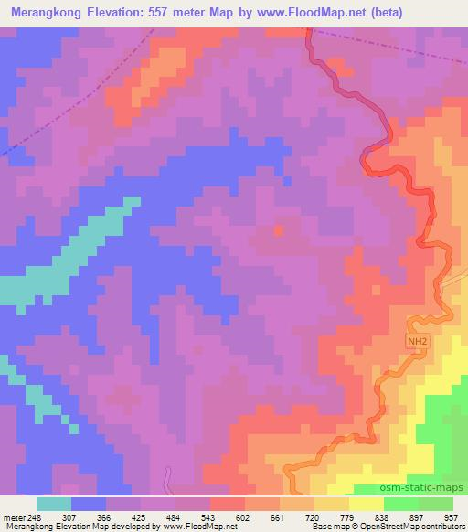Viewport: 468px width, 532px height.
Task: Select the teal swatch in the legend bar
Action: pos(53,504)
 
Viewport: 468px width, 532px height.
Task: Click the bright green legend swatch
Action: pos(401,504)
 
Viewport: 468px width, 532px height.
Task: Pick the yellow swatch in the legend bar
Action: pos(366,504)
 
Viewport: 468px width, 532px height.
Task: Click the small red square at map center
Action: pos(278,229)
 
